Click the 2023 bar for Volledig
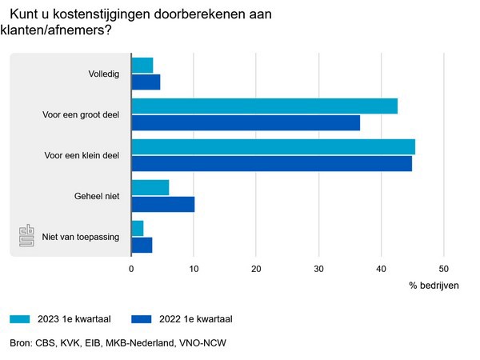coord(142,66)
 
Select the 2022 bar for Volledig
coord(146,82)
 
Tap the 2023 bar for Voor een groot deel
coord(264,106)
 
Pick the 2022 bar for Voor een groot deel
coord(246,122)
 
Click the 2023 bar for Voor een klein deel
coord(273,147)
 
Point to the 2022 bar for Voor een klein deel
coord(271,163)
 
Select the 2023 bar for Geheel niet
coord(150,187)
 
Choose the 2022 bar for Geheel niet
coord(162,204)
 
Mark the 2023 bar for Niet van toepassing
coord(137,229)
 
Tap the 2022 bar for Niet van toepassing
coord(142,245)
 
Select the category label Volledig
coord(104,74)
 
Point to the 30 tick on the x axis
coord(318,270)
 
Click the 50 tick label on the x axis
coord(444,270)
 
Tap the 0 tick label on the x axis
coord(131,270)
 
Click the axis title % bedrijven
coord(434,286)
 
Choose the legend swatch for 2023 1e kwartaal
coord(21,318)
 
